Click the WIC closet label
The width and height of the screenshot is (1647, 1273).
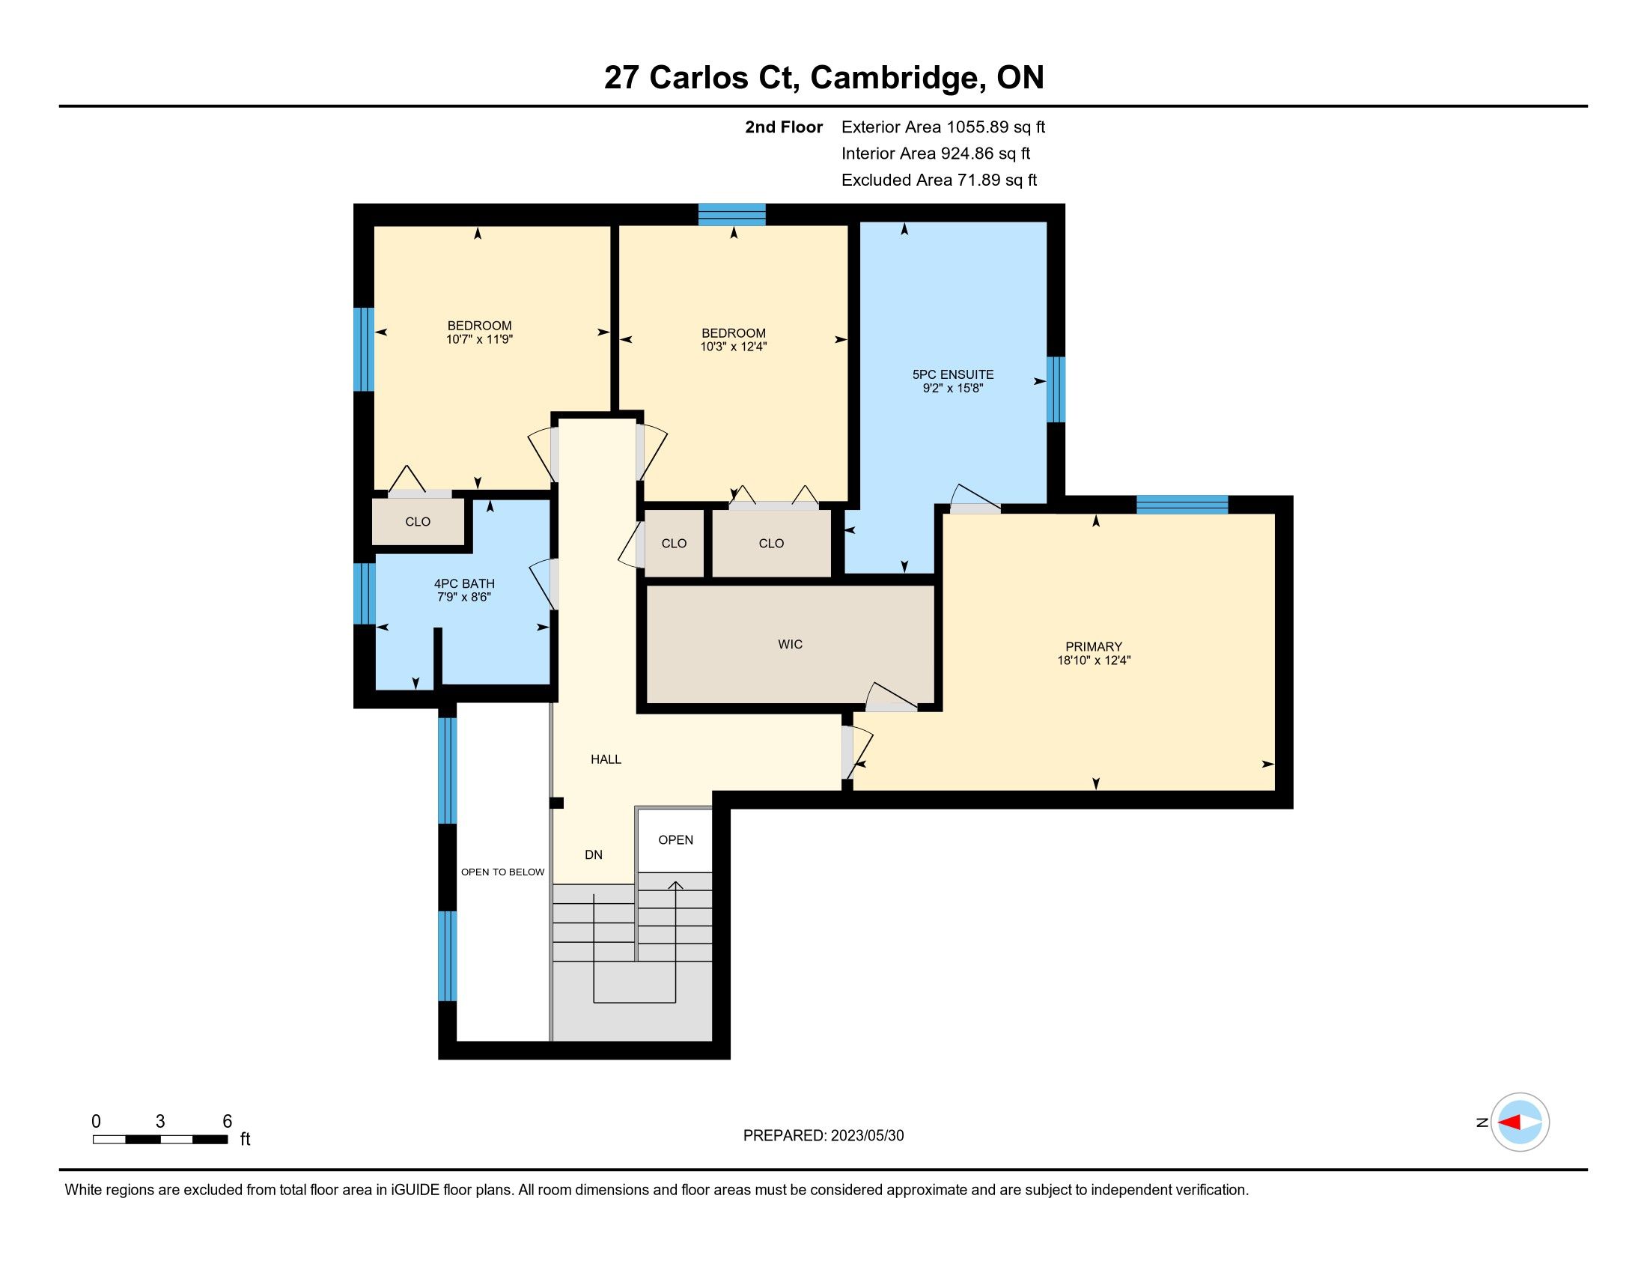pyautogui.click(x=790, y=644)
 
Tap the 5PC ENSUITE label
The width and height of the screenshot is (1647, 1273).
pyautogui.click(x=953, y=374)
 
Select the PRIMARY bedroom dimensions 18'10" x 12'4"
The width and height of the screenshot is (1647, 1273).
pyautogui.click(x=1094, y=660)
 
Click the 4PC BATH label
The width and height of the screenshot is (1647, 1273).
pyautogui.click(x=465, y=583)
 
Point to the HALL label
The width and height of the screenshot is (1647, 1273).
pyautogui.click(x=606, y=759)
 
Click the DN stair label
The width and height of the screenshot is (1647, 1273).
pyautogui.click(x=594, y=854)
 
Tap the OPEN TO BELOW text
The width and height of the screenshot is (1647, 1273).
pyautogui.click(x=502, y=872)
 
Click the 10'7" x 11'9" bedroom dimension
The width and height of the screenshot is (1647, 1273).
pyautogui.click(x=480, y=339)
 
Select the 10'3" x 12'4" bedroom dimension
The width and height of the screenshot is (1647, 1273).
pyautogui.click(x=734, y=347)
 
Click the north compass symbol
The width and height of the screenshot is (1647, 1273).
pyautogui.click(x=1520, y=1122)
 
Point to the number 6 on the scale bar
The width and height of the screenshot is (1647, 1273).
pyautogui.click(x=227, y=1122)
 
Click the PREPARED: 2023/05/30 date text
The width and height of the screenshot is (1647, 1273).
pyautogui.click(x=823, y=1136)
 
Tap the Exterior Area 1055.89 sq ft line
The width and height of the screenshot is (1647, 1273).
pyautogui.click(x=943, y=127)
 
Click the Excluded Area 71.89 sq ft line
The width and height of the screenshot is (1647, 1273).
pyautogui.click(x=940, y=180)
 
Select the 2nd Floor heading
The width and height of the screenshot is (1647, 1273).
pyautogui.click(x=784, y=127)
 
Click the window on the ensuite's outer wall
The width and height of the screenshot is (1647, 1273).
pyautogui.click(x=1056, y=389)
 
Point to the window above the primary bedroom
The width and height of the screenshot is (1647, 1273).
pyautogui.click(x=1181, y=505)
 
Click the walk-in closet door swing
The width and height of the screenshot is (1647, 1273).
pyautogui.click(x=891, y=696)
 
